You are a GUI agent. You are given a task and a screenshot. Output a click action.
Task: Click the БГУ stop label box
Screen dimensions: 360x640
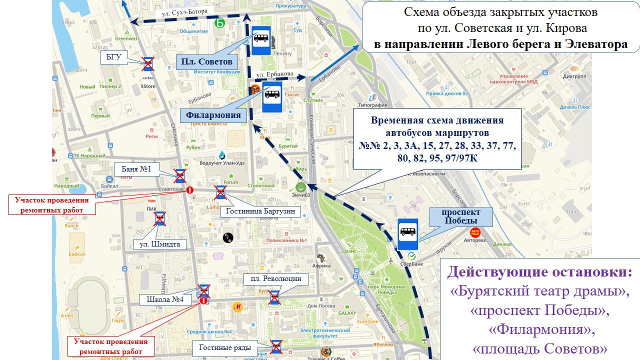pyautogui.click(x=114, y=56)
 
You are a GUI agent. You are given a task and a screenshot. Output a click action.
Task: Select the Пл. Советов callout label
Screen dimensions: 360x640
pyautogui.click(x=206, y=62)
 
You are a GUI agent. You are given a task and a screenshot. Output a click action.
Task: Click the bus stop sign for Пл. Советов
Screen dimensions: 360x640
pyautogui.click(x=261, y=40)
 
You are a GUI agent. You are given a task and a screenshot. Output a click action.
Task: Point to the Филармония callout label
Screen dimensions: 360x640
pyautogui.click(x=213, y=115)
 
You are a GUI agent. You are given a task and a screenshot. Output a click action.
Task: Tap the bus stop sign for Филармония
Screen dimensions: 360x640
pyautogui.click(x=272, y=96)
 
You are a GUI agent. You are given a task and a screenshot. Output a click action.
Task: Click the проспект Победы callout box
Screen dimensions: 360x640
pyautogui.click(x=459, y=217)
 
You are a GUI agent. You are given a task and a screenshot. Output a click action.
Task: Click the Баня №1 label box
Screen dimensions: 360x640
pyautogui.click(x=136, y=169)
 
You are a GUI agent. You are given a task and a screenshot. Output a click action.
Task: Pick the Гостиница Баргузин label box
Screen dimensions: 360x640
pyautogui.click(x=260, y=211)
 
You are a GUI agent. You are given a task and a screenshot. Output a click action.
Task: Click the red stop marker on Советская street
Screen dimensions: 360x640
pyautogui.click(x=190, y=190)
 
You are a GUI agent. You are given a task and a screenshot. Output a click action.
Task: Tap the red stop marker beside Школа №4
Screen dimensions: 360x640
pyautogui.click(x=203, y=301)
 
